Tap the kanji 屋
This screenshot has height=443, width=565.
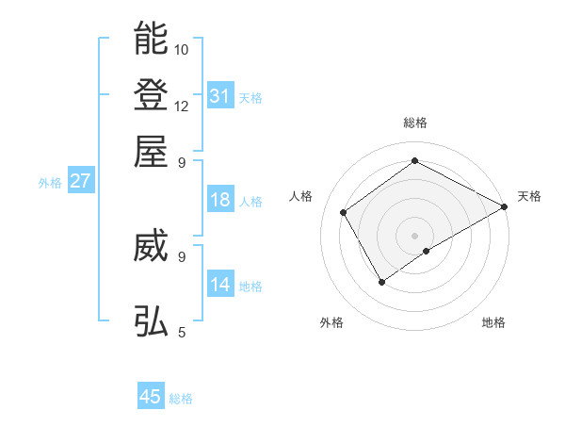pos(152,150)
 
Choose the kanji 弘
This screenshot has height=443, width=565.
pos(152,320)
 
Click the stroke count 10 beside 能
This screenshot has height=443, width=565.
pos(182,49)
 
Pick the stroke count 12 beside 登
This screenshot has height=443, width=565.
pos(182,106)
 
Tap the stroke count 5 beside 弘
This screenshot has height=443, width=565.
pos(181,332)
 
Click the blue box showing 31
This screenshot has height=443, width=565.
pos(220,95)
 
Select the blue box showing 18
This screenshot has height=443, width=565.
pos(220,200)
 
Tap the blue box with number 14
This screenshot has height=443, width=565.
pos(220,285)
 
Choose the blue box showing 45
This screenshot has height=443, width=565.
pos(151,397)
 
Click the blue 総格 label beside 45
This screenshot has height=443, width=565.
pos(181,399)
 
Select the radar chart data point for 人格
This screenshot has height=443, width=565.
pos(344,213)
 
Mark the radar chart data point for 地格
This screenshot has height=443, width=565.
pos(427,251)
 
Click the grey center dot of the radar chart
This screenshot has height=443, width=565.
pos(414,234)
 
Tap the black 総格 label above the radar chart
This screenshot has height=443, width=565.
pos(414,123)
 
